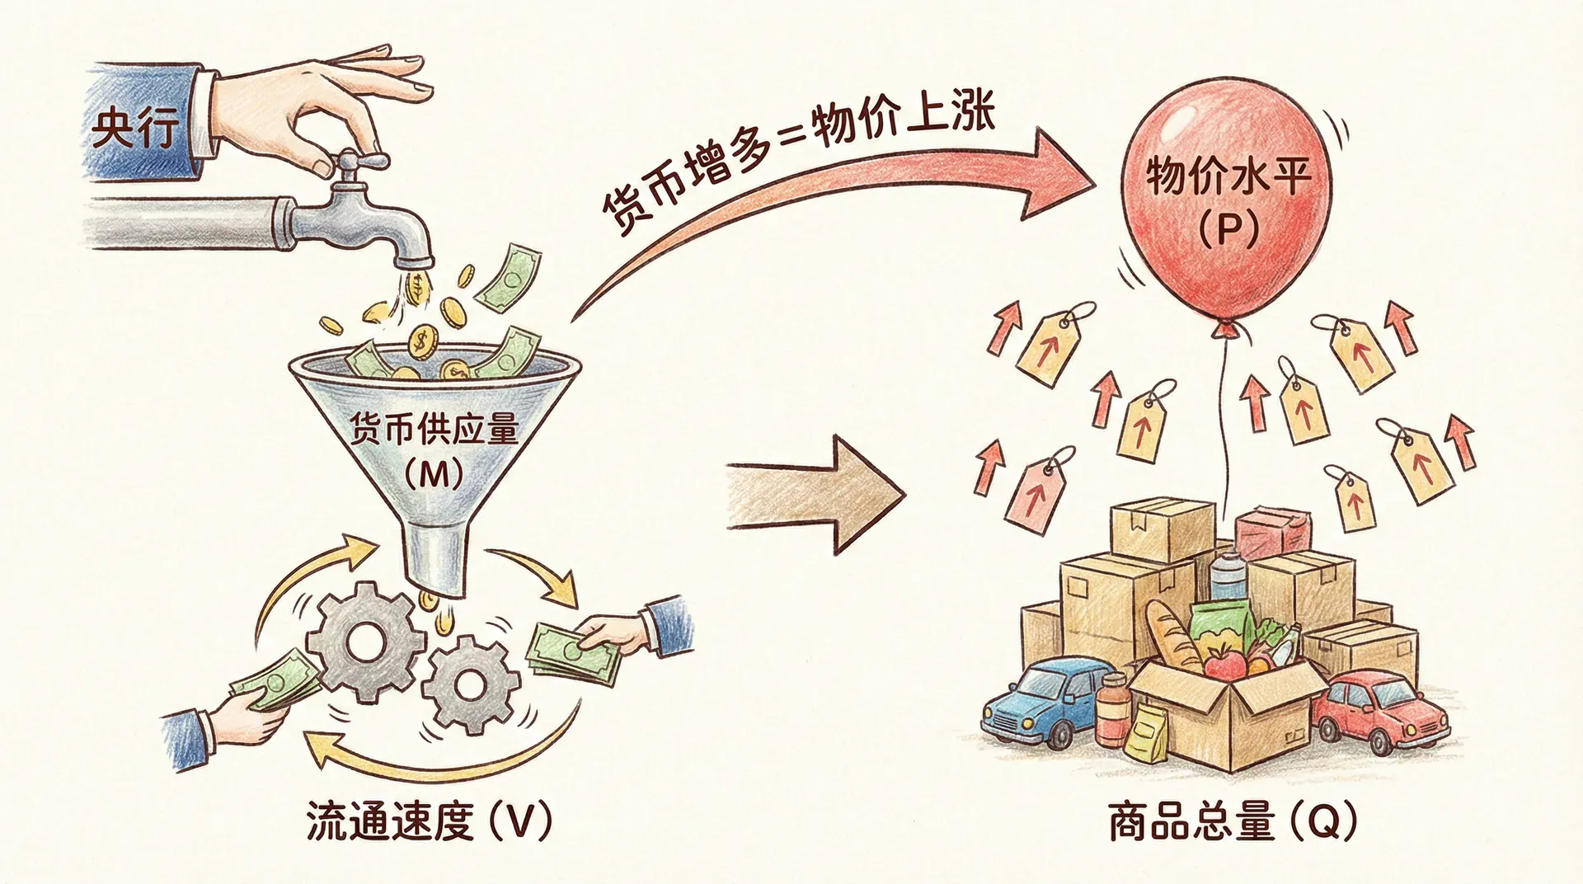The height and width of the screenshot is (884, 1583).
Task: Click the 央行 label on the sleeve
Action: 134,129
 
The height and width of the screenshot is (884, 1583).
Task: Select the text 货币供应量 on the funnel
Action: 434,430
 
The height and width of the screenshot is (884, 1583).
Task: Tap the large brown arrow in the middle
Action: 816,494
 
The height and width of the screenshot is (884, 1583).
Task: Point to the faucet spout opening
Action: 412,262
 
